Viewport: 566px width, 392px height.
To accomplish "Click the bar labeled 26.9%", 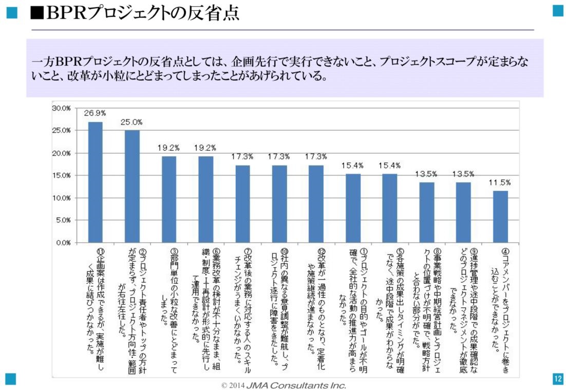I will (x=95, y=182).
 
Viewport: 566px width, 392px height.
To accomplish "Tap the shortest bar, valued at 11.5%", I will (x=500, y=217).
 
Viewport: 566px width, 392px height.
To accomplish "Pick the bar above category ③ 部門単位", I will (x=169, y=199).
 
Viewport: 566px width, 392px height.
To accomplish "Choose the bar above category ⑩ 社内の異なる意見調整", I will (x=279, y=204).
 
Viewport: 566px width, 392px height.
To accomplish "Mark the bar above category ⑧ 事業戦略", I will (x=426, y=212).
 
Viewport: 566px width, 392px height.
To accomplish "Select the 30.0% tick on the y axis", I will (x=61, y=108).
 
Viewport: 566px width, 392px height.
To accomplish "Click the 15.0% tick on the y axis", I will (x=61, y=175).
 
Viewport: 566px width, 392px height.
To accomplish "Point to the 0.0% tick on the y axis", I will (x=63, y=243).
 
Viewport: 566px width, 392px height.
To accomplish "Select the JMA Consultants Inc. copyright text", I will (x=284, y=385).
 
